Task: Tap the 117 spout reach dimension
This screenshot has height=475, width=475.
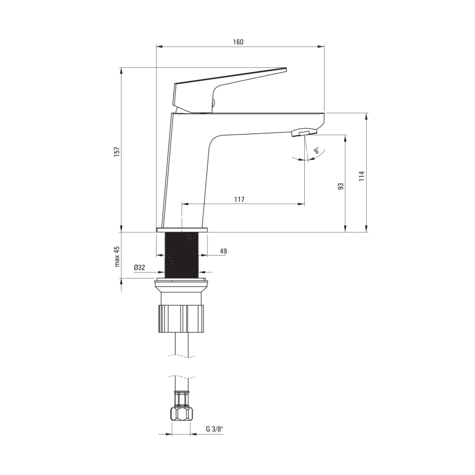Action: (x=239, y=199)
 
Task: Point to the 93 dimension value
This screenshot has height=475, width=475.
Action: (x=340, y=186)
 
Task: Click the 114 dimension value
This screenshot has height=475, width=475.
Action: (x=361, y=176)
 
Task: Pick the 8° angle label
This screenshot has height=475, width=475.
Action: (x=317, y=150)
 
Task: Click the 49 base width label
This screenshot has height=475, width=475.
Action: (x=223, y=251)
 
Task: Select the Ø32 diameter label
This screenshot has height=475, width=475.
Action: (x=139, y=268)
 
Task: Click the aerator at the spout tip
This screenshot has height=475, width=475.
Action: (x=304, y=132)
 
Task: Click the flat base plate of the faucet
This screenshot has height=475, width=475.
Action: (x=182, y=230)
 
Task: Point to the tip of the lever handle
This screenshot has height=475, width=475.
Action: (x=283, y=69)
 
